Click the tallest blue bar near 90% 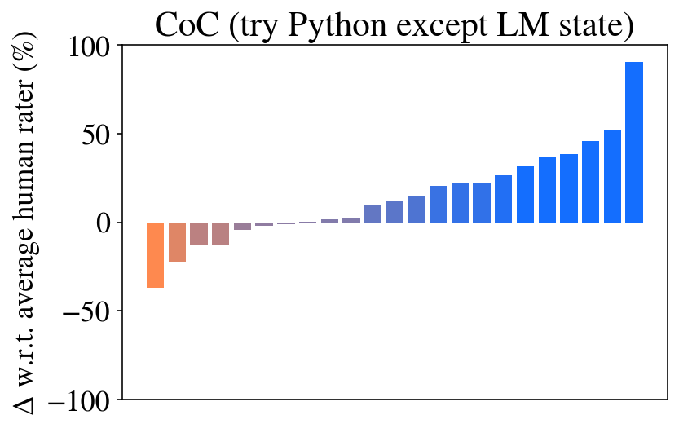coord(634,143)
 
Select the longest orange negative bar coord(155,254)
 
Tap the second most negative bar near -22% coord(177,242)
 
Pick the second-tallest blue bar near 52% coord(612,176)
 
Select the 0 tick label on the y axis coord(113,223)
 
